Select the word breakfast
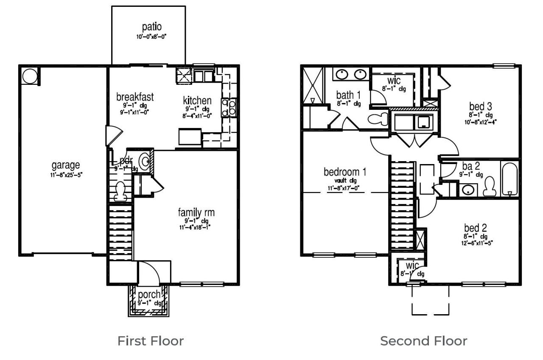point(135,97)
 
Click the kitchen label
point(197,101)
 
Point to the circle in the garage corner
point(29,77)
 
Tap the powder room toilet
point(120,190)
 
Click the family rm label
point(196,212)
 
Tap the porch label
point(149,294)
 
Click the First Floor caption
point(151,340)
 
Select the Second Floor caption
point(423,340)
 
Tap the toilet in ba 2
point(490,185)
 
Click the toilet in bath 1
point(377,118)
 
